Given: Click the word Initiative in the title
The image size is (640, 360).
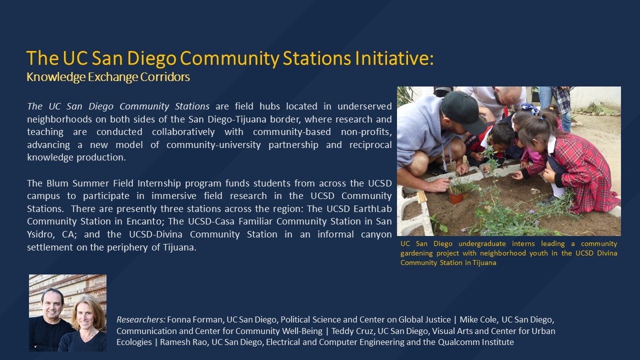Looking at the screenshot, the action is (394, 58).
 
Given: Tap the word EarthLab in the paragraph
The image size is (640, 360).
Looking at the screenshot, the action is (372, 208).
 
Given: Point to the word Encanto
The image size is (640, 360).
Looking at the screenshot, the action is (145, 221).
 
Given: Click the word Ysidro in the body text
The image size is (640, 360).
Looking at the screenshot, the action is (41, 234).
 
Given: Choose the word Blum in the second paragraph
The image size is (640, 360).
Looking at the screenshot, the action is (57, 183).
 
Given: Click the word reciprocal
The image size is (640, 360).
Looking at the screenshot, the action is (370, 145).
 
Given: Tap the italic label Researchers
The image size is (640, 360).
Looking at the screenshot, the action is (141, 319).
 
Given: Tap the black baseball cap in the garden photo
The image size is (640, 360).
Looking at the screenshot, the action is (462, 111).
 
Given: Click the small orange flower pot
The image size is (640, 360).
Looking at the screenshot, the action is (456, 197).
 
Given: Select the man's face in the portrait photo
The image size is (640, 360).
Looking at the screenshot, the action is (52, 304).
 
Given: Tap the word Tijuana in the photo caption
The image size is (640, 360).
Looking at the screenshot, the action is (484, 263).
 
